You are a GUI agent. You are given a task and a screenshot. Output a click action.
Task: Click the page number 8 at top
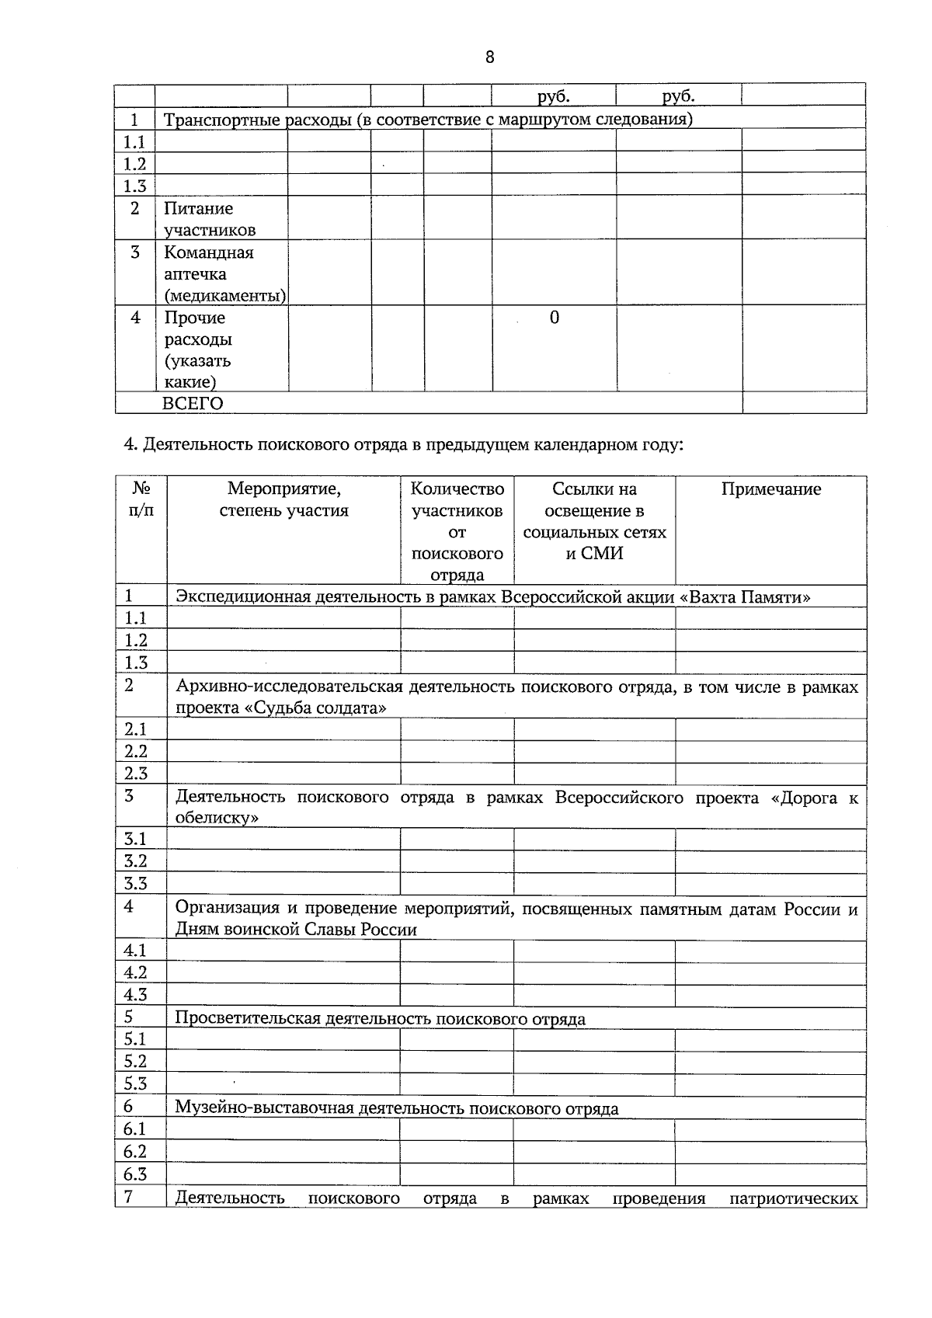[x=489, y=57]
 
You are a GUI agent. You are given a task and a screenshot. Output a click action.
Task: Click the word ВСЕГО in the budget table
[x=193, y=403]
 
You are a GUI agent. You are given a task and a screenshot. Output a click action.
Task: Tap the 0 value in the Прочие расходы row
[x=554, y=318]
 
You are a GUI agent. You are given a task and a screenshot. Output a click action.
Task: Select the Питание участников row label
[x=209, y=219]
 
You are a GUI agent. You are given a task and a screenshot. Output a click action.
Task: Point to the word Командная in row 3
[x=208, y=252]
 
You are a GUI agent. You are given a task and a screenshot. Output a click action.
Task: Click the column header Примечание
[x=770, y=489]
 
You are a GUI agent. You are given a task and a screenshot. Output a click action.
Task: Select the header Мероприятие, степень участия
[x=283, y=499]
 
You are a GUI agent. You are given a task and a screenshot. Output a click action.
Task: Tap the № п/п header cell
[x=141, y=499]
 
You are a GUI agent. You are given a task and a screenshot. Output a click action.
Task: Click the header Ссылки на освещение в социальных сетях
[x=594, y=520]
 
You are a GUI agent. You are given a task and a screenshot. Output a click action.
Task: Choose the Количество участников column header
[x=457, y=531]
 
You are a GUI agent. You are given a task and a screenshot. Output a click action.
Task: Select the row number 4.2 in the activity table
[x=135, y=972]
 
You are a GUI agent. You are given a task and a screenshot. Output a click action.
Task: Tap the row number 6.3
[x=135, y=1174]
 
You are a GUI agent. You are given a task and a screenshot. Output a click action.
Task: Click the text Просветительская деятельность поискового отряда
[x=380, y=1018]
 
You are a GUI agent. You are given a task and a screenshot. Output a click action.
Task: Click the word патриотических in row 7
[x=793, y=1219]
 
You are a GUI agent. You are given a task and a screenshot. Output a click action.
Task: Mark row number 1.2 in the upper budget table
[x=134, y=163]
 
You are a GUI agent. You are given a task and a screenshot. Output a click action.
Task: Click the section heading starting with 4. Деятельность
[x=403, y=445]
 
